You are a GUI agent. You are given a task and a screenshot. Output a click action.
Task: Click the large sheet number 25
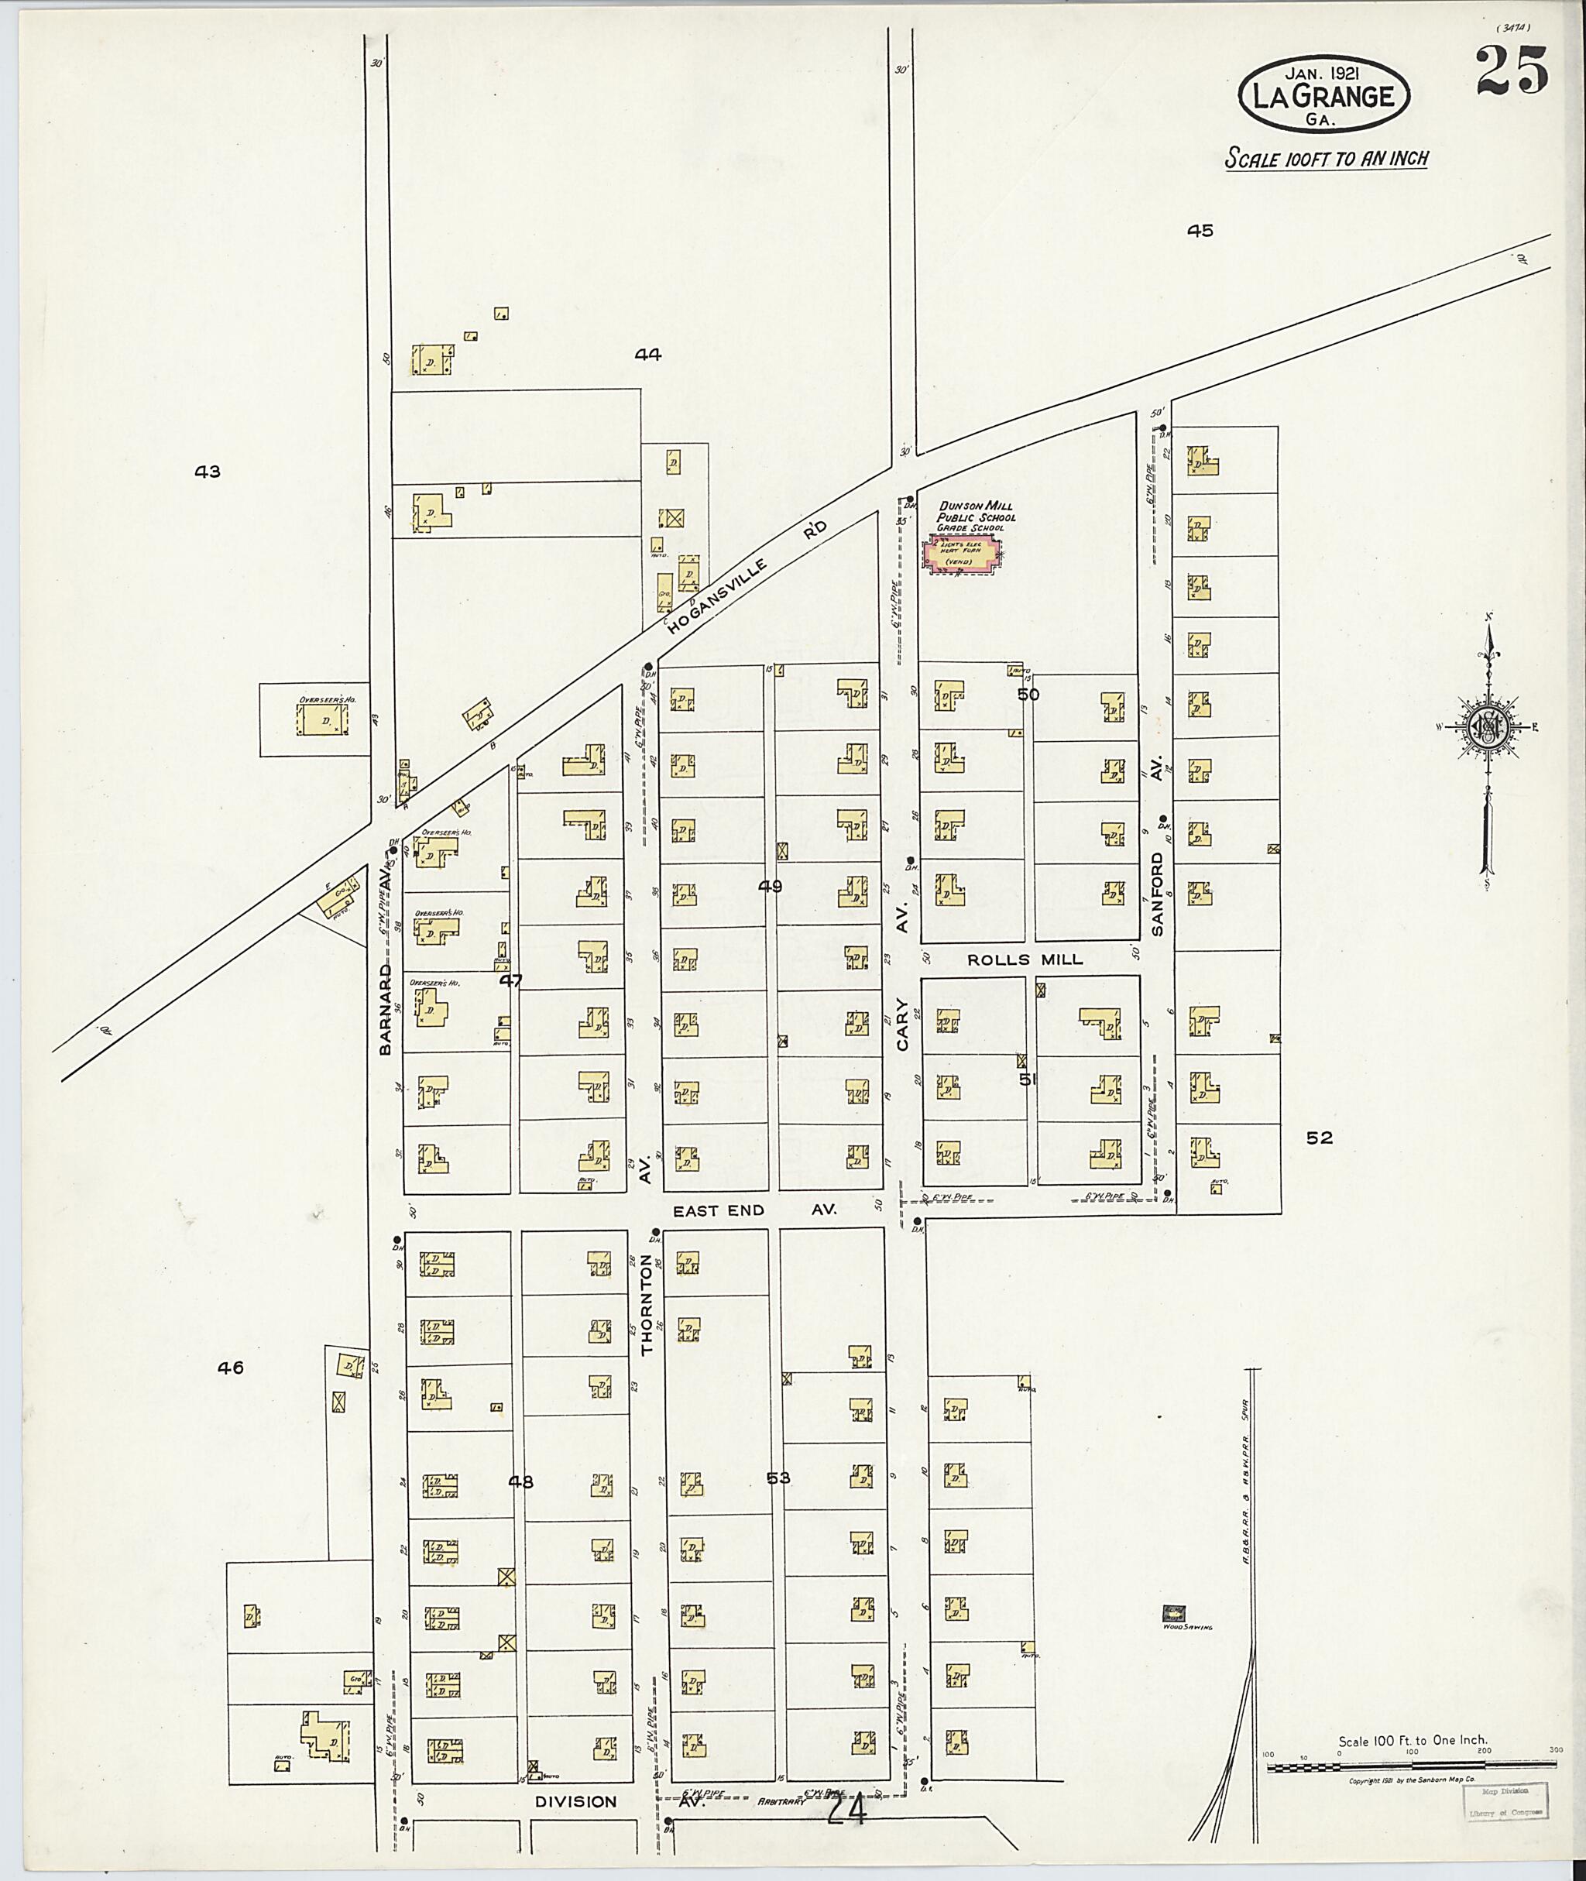1512,71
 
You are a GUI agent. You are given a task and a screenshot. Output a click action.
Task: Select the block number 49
770,886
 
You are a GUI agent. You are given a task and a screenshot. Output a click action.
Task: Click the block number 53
778,1478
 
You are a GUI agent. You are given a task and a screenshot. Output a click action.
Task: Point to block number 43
208,471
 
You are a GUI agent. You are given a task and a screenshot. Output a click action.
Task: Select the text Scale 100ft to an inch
1326,158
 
